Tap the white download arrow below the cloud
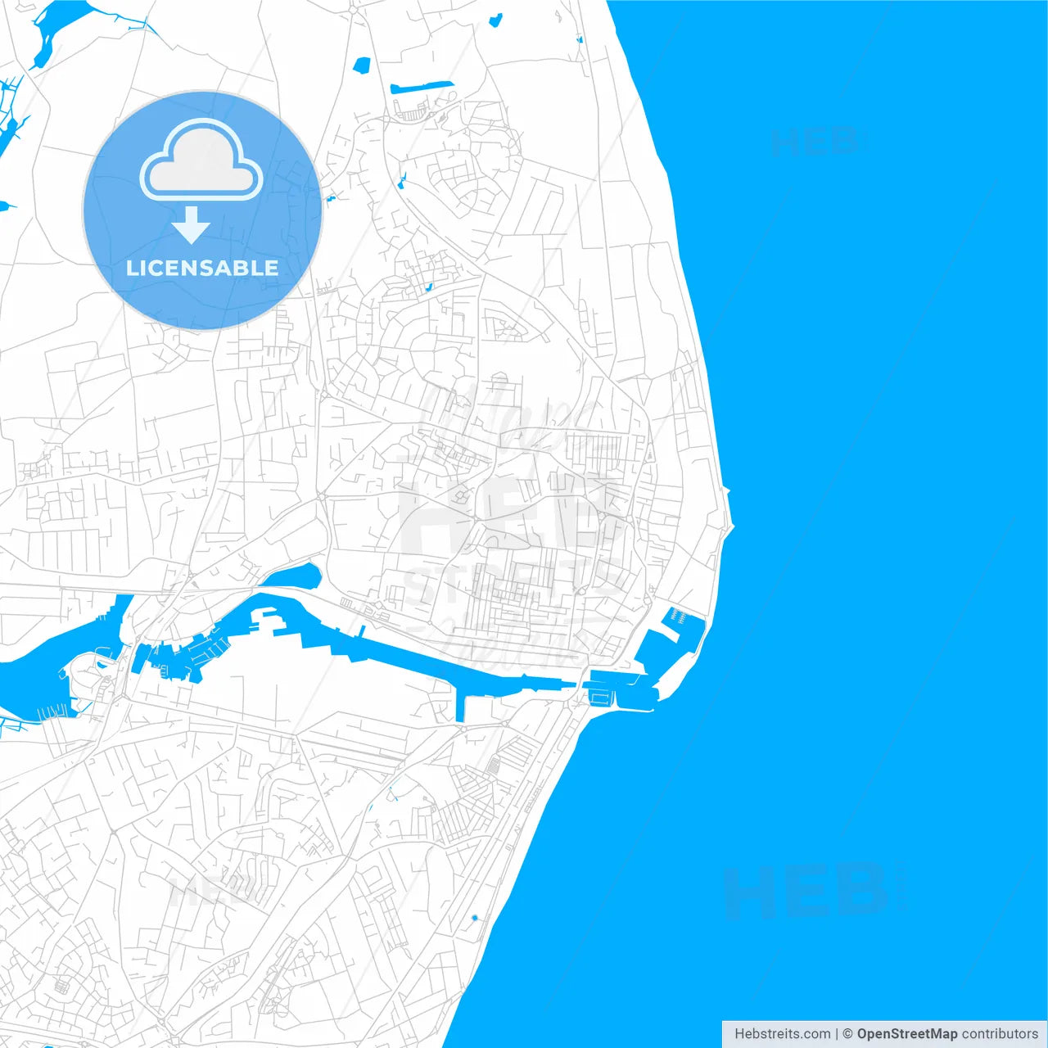coord(192,225)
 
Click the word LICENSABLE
coord(202,268)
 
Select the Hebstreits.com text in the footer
coord(782,1034)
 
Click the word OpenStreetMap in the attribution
coord(906,1034)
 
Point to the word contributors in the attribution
coord(999,1034)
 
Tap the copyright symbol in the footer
coord(848,1034)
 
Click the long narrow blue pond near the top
coord(421,86)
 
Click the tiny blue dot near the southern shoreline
coord(474,918)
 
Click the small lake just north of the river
coord(295,576)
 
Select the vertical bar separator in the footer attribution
coord(838,1034)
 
